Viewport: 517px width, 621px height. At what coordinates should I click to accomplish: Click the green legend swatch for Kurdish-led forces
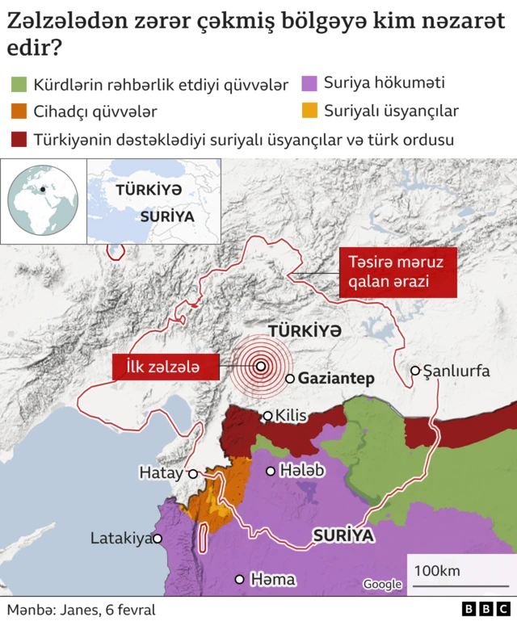pyautogui.click(x=19, y=84)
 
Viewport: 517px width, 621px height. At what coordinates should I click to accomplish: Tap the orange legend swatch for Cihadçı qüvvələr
pyautogui.click(x=19, y=111)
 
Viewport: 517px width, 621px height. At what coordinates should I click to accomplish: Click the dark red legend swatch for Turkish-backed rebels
pyautogui.click(x=19, y=139)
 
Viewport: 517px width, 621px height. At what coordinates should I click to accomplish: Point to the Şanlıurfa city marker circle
pyautogui.click(x=415, y=371)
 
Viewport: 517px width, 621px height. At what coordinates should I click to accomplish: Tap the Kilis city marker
pyautogui.click(x=267, y=417)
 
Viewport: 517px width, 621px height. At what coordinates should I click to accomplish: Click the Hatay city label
pyautogui.click(x=161, y=473)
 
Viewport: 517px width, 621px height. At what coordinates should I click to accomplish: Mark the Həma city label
pyautogui.click(x=272, y=579)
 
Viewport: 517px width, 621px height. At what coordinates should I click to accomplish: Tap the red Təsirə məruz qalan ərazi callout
pyautogui.click(x=396, y=272)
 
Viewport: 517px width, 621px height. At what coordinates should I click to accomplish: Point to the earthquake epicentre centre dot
pyautogui.click(x=261, y=366)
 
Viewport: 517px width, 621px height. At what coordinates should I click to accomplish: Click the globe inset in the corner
pyautogui.click(x=43, y=200)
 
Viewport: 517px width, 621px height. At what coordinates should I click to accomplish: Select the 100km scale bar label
pyautogui.click(x=437, y=570)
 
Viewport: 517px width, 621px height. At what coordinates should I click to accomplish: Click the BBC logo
pyautogui.click(x=485, y=609)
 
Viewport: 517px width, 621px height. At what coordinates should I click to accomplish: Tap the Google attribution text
pyautogui.click(x=381, y=585)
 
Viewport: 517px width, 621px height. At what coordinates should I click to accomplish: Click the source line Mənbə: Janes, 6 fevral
pyautogui.click(x=81, y=610)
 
